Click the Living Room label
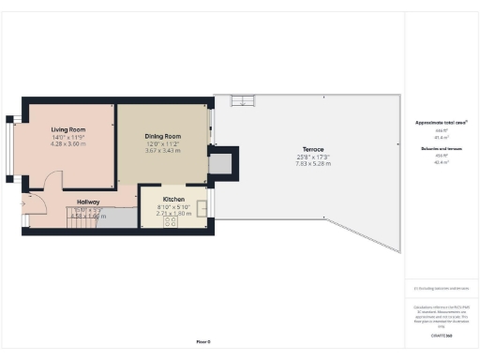[x=68, y=128]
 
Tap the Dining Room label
[x=162, y=137]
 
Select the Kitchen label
[x=173, y=200]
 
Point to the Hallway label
[x=89, y=201]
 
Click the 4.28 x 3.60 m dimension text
[x=68, y=143]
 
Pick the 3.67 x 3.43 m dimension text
[x=162, y=151]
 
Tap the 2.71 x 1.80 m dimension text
[x=173, y=213]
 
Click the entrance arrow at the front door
[x=22, y=202]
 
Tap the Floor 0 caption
[x=203, y=341]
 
